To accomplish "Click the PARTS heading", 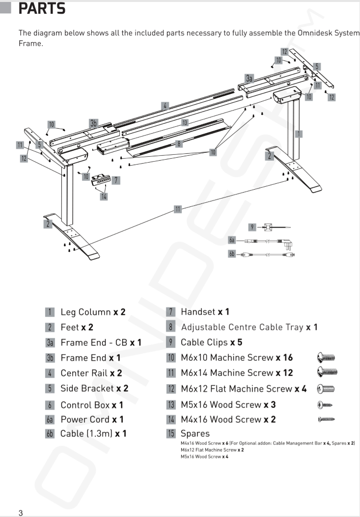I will tap(42, 8).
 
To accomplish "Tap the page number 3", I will tap(21, 513).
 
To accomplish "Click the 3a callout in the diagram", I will tap(249, 78).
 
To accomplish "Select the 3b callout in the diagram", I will tap(93, 123).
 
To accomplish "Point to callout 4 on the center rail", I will tap(166, 105).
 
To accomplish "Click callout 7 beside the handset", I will tap(116, 180).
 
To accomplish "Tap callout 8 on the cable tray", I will tap(179, 144).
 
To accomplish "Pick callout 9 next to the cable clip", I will tap(252, 227).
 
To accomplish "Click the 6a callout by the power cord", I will tap(232, 240).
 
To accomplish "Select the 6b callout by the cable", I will tap(232, 254).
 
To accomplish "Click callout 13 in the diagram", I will tap(185, 122).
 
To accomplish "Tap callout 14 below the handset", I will tap(104, 197).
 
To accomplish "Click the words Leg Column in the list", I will tap(85, 312).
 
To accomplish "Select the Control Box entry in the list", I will tap(85, 405).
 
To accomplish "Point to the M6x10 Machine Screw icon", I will tap(327, 358).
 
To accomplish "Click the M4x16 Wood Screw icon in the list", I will tap(326, 419).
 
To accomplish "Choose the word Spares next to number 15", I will tap(195, 433).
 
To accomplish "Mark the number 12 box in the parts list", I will tap(171, 389).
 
